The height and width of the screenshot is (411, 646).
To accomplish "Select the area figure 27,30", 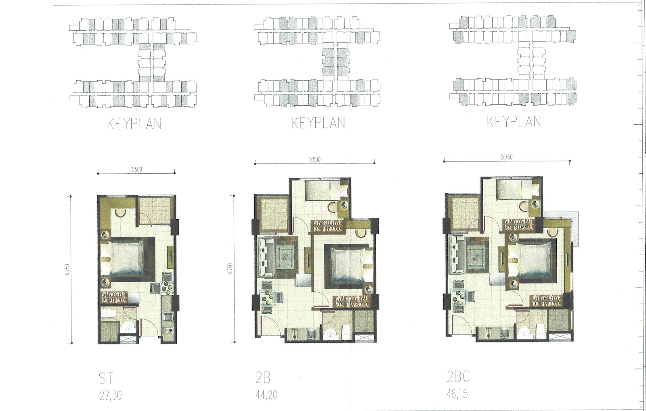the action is click(x=111, y=396).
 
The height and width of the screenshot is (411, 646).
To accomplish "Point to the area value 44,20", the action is click(x=266, y=395).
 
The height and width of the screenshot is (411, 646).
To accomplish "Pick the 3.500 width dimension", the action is click(x=136, y=169).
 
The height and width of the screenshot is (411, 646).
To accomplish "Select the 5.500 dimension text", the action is click(x=315, y=159).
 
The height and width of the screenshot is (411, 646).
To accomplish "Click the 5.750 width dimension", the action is click(x=507, y=157).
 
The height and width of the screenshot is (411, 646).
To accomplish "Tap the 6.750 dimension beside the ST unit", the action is click(x=67, y=270).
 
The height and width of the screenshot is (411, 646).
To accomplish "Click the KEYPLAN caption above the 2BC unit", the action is click(x=514, y=122).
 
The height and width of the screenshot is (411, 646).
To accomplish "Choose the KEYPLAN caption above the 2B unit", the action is click(x=318, y=123).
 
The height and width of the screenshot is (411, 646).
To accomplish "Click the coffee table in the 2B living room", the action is click(x=286, y=256).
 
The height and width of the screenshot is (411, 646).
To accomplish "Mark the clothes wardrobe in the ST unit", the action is click(x=113, y=298).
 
